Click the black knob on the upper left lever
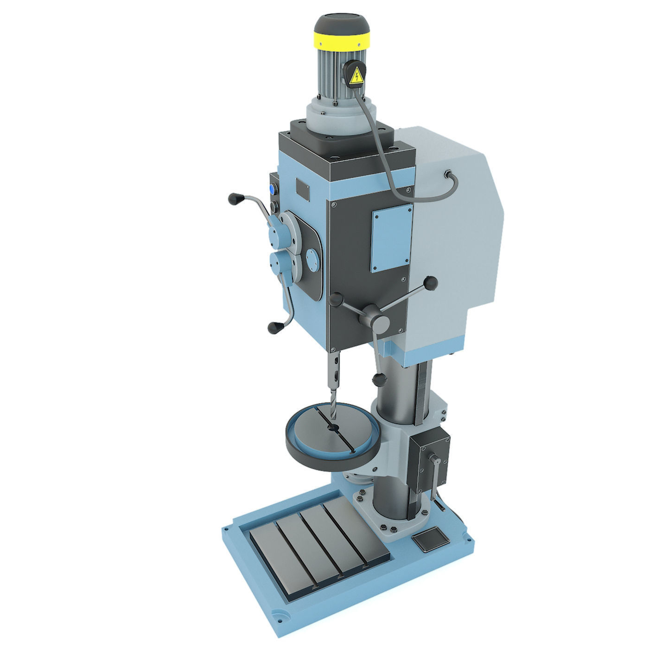pyautogui.click(x=235, y=199)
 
